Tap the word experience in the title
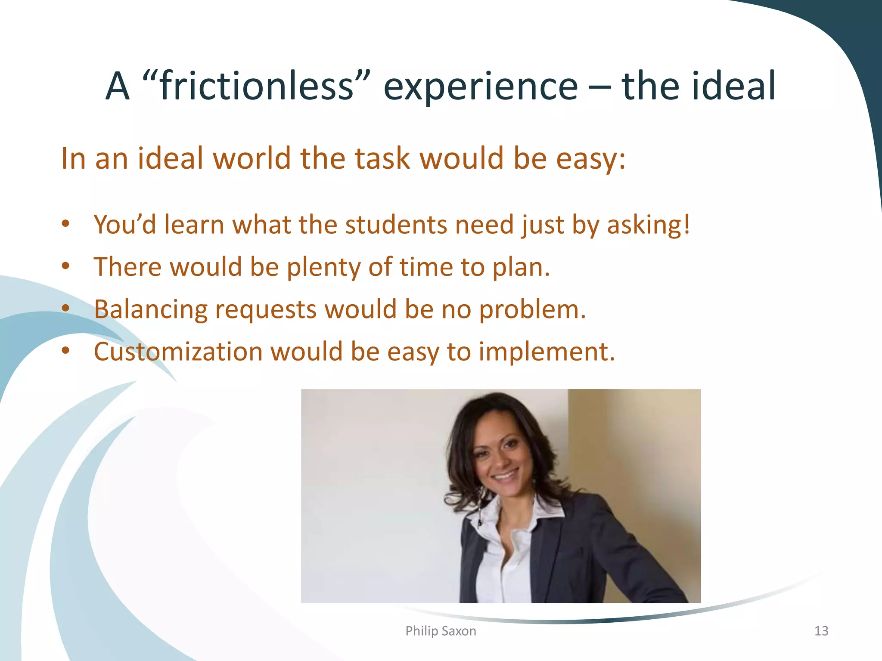[x=480, y=87]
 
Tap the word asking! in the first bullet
[x=648, y=225]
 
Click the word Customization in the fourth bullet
[x=178, y=352]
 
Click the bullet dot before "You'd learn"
[x=65, y=224]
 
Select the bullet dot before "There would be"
[x=65, y=266]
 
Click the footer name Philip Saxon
[x=441, y=631]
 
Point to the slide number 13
[x=821, y=631]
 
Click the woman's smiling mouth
[x=505, y=476]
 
